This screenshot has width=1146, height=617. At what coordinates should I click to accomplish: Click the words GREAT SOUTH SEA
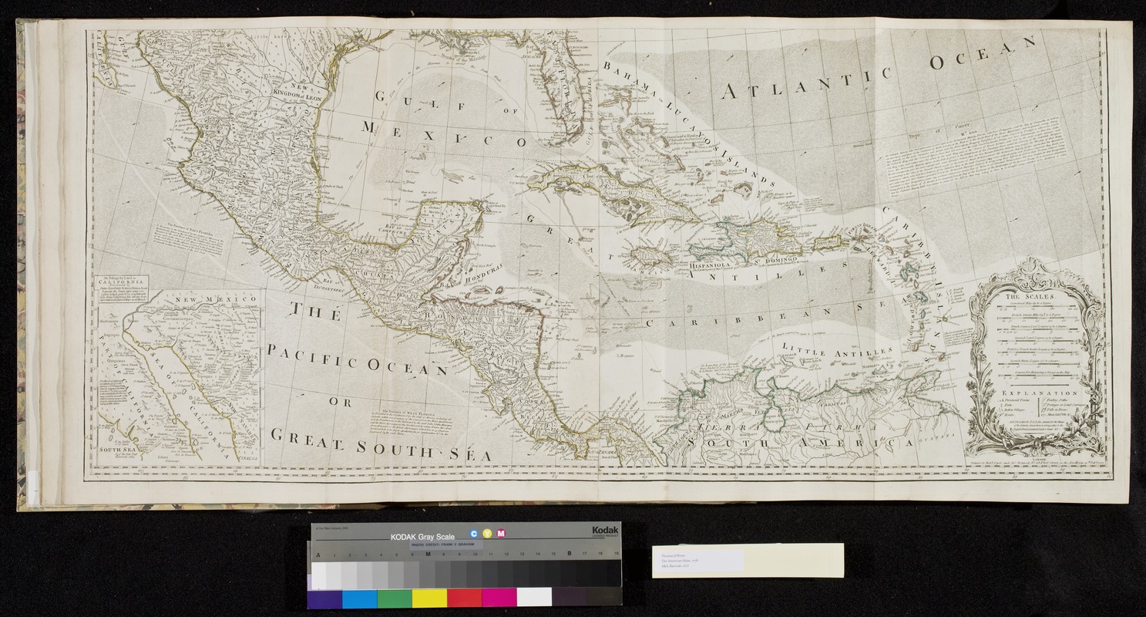tap(381, 449)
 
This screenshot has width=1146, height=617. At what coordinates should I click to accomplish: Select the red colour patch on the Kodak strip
tap(464, 598)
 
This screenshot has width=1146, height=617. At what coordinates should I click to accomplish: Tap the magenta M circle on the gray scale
tap(501, 534)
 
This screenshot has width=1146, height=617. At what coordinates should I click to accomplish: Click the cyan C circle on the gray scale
tap(473, 534)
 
